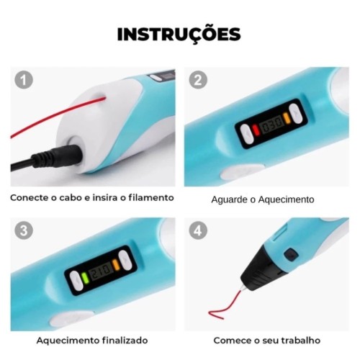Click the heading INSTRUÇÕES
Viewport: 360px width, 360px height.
[x=179, y=35]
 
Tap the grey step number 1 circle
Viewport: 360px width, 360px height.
[x=24, y=80]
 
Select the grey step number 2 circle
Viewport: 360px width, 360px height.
[x=198, y=80]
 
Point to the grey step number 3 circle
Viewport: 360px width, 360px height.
[x=24, y=230]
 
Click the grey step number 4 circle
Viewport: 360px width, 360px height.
[x=198, y=230]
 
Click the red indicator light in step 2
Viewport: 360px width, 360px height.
[x=256, y=130]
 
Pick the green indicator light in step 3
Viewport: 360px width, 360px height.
[x=85, y=278]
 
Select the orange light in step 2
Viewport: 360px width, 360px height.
[x=287, y=118]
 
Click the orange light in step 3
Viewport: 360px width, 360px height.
[x=116, y=264]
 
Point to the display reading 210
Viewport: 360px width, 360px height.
[x=101, y=271]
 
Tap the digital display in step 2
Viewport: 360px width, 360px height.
[x=272, y=124]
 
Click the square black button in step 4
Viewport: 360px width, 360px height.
[x=291, y=255]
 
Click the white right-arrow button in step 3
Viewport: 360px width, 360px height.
[x=125, y=261]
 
